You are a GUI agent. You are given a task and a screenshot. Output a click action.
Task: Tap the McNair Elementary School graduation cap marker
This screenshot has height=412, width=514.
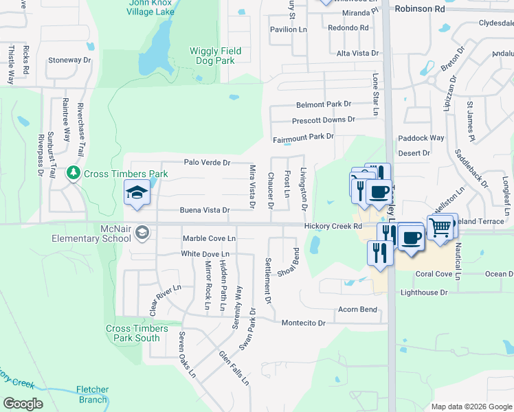(x=142, y=231)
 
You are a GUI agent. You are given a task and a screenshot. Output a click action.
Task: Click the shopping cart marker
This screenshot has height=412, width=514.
(x=440, y=227)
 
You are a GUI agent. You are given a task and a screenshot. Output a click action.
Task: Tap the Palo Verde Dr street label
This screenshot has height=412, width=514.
(x=207, y=163)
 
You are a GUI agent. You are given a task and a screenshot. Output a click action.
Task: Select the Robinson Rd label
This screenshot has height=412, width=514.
(x=420, y=10)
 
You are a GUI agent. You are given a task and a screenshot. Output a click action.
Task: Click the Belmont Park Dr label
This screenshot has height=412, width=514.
(x=324, y=104)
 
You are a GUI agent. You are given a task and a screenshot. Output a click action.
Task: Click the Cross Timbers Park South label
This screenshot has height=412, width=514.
(x=133, y=334)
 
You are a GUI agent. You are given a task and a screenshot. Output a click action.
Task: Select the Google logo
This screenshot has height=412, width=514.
(x=23, y=404)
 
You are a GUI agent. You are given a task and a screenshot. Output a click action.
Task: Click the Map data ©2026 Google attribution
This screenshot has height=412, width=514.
(x=471, y=407)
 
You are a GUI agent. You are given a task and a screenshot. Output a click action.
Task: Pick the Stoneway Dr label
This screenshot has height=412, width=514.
(x=69, y=60)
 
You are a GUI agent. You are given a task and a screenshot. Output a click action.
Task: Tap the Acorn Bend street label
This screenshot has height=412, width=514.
(x=357, y=310)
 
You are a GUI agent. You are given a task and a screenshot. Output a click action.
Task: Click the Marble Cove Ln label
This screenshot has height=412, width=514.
(x=209, y=238)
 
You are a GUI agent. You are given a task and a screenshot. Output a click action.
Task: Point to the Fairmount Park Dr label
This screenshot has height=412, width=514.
(x=303, y=136)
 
